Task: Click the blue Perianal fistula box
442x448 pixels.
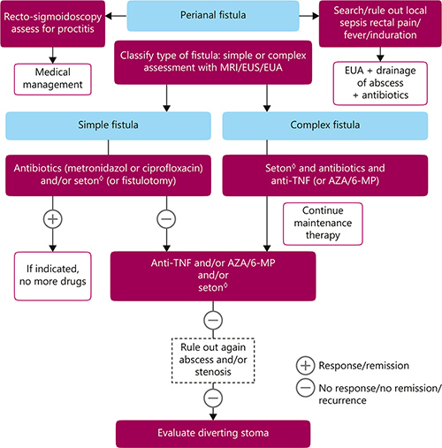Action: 217,16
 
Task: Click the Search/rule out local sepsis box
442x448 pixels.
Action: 379,24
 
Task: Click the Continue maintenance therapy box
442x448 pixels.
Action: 324,223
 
